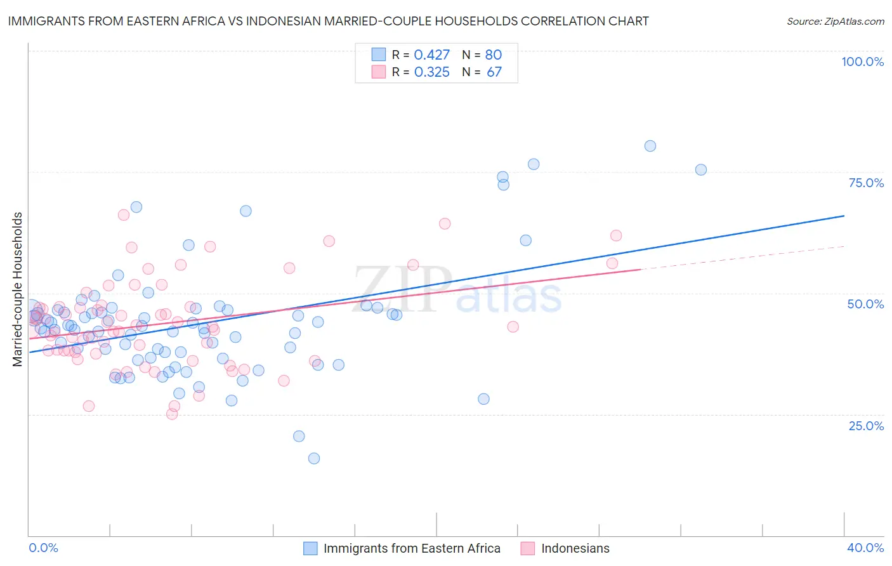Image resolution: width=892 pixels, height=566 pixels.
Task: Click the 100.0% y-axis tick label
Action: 862,62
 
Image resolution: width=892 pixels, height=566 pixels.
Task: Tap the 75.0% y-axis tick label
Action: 866,183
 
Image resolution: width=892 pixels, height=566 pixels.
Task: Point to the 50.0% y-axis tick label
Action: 865,304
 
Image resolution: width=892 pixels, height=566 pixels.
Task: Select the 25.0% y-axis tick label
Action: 866,425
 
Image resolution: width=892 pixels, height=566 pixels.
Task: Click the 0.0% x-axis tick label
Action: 43,548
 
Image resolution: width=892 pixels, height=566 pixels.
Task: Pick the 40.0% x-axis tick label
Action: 865,548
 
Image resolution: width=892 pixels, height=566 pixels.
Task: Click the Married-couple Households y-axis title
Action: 18,289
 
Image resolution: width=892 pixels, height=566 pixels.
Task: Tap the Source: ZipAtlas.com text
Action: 835,21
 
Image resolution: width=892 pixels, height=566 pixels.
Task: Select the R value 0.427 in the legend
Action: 431,55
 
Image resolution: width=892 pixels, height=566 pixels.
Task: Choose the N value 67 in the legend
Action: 494,72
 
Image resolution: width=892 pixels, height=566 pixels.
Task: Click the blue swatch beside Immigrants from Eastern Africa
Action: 310,548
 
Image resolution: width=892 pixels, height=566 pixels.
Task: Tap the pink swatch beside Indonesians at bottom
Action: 528,548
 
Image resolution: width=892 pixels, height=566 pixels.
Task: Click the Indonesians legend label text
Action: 575,548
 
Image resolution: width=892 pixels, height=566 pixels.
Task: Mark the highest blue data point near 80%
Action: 650,146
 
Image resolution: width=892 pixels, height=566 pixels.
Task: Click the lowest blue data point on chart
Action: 314,458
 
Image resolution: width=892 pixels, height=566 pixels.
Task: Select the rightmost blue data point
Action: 701,169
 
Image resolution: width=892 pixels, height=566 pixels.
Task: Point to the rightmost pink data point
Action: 616,235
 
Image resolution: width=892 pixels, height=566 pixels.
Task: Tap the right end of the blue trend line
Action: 844,216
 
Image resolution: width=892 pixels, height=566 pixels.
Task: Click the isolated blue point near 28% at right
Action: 484,399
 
